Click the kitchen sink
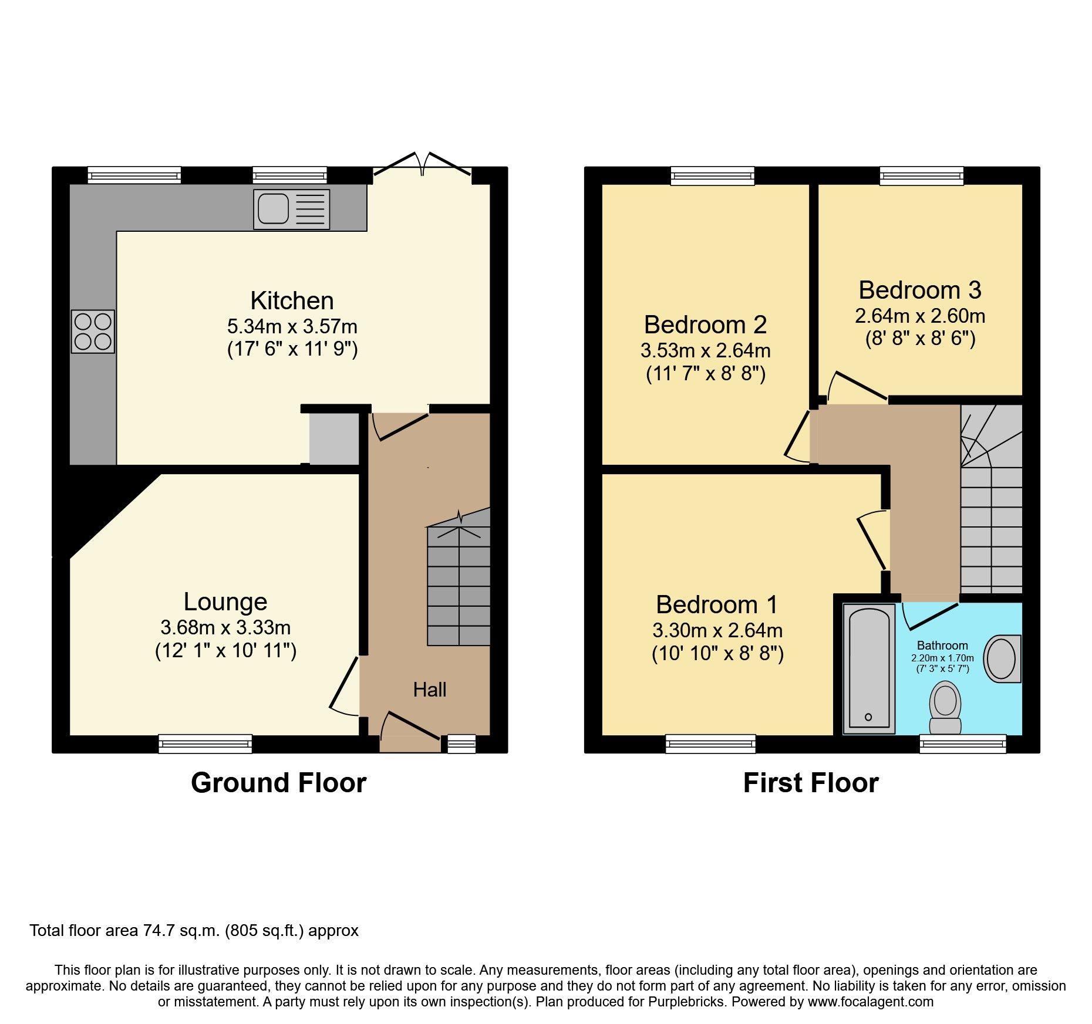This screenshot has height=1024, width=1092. [x=291, y=209]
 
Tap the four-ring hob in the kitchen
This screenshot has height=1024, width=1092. [x=93, y=331]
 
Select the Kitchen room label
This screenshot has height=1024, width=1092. [x=292, y=300]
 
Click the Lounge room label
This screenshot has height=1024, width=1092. [x=225, y=601]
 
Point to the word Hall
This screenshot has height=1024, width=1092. [x=429, y=690]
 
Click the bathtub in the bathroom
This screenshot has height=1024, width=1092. [x=869, y=668]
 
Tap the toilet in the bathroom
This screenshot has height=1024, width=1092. [x=945, y=707]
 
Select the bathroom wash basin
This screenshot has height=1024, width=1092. [x=1002, y=658]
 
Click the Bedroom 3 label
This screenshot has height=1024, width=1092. [x=920, y=290]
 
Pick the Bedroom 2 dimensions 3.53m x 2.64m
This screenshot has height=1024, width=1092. [x=705, y=350]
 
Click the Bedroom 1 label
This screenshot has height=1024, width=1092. [x=717, y=604]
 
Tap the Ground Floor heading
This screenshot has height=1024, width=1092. [x=278, y=783]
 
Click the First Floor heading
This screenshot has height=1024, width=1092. [x=810, y=783]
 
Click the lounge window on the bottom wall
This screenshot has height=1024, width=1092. [x=205, y=744]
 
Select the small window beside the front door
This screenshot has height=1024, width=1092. [x=461, y=744]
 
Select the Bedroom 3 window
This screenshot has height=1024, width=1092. [x=921, y=175]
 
